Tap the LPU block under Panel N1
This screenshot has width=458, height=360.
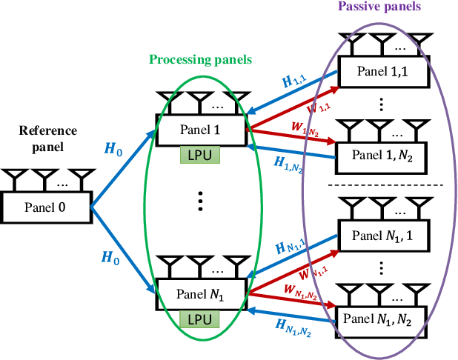199,319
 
